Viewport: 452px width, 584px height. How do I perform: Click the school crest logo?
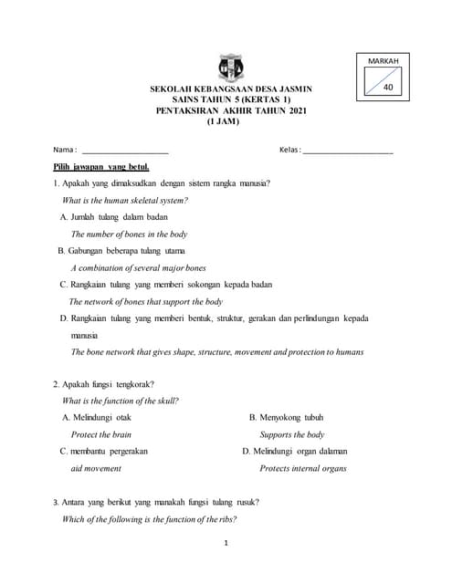231,68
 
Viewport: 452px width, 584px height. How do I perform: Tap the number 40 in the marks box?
389,88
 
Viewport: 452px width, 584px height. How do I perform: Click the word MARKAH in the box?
384,60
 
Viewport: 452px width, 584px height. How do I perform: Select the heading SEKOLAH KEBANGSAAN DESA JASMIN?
231,89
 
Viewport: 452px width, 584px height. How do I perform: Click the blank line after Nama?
125,150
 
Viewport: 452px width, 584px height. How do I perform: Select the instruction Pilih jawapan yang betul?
101,167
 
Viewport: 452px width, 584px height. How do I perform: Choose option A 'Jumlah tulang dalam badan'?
114,217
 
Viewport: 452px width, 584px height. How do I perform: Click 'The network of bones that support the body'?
146,301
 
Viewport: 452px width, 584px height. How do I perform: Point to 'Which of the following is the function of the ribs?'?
149,518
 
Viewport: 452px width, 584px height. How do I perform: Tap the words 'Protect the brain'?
101,434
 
